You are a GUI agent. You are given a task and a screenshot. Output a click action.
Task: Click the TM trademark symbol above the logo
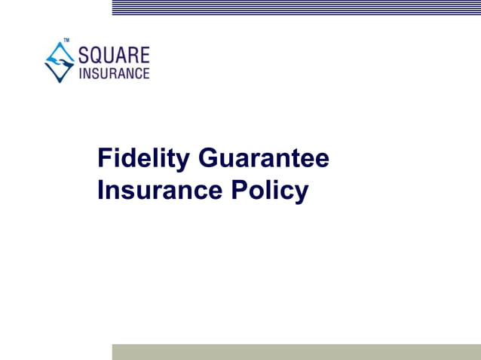66,41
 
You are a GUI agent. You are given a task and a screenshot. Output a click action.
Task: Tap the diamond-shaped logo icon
60,62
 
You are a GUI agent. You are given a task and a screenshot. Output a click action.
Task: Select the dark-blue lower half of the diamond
60,73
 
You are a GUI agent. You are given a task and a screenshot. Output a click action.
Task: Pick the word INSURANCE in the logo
114,73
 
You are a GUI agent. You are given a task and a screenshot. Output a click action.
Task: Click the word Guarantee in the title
264,159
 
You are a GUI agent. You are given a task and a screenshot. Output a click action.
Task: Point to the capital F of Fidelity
106,159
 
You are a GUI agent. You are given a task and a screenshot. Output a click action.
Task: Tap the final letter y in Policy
302,194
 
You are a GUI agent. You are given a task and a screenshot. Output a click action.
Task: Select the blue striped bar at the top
296,8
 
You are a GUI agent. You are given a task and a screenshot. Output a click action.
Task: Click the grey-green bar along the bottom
296,352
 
